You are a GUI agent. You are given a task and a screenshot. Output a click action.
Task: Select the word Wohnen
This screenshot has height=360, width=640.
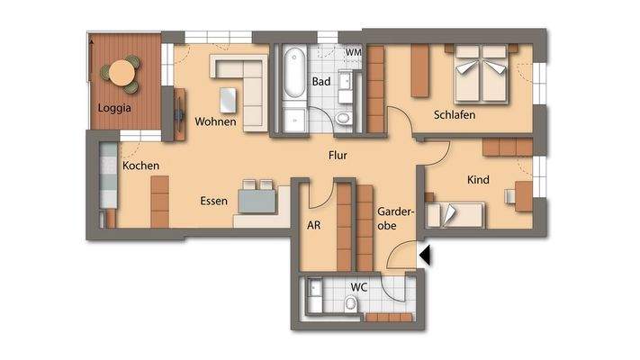(x=216, y=121)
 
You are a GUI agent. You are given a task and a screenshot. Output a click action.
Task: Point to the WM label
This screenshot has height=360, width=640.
(x=354, y=53)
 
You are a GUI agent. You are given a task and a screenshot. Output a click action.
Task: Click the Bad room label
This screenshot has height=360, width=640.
(x=321, y=82)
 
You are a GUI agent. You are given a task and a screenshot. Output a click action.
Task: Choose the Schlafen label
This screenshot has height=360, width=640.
(x=454, y=115)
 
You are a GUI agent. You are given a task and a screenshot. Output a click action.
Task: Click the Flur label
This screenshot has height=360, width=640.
(x=338, y=156)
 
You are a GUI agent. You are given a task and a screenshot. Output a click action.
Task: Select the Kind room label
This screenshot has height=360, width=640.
(x=478, y=180)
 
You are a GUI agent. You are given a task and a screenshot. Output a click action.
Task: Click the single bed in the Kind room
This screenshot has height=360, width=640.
(x=455, y=213)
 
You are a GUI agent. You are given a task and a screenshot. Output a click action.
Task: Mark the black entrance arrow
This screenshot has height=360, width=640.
(x=426, y=256)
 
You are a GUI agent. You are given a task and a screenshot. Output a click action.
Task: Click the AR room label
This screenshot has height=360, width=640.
(x=314, y=227)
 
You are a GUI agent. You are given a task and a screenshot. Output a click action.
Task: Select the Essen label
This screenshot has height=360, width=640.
(x=213, y=201)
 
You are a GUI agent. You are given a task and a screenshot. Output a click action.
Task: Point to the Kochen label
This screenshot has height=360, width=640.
(x=140, y=166)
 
